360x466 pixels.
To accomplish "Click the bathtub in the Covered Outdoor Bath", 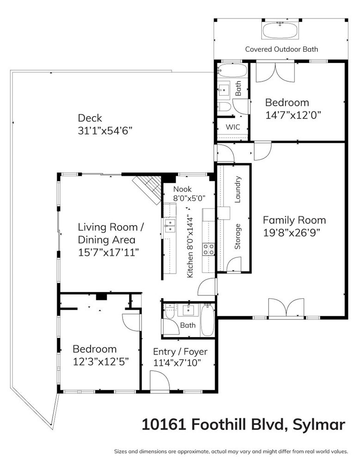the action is pyautogui.click(x=280, y=30).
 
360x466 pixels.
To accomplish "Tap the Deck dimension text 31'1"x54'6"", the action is pyautogui.click(x=105, y=130).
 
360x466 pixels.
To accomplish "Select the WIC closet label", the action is pyautogui.click(x=233, y=127).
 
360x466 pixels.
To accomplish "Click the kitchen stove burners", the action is pyautogui.click(x=208, y=249).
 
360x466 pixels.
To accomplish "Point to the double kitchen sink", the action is pyautogui.click(x=170, y=226).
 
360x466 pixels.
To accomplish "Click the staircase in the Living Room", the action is pyautogui.click(x=147, y=190).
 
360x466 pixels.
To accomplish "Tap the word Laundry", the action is pyautogui.click(x=238, y=190).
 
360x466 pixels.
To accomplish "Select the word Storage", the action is pyautogui.click(x=238, y=237).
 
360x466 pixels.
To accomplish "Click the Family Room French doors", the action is pyautogui.click(x=287, y=308).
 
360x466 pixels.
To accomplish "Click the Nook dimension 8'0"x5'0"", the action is pyautogui.click(x=189, y=198).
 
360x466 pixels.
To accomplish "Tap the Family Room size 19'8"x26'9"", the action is pyautogui.click(x=292, y=233).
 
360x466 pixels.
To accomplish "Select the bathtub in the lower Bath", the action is pyautogui.click(x=207, y=320).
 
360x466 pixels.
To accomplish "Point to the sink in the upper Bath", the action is pyautogui.click(x=224, y=89).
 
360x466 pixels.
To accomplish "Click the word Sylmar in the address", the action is pyautogui.click(x=319, y=425).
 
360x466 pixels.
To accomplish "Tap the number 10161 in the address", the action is pyautogui.click(x=164, y=424).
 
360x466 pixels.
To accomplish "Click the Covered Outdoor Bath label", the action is pyautogui.click(x=281, y=49).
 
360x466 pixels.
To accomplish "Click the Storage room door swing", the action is pyautogui.click(x=233, y=264).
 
